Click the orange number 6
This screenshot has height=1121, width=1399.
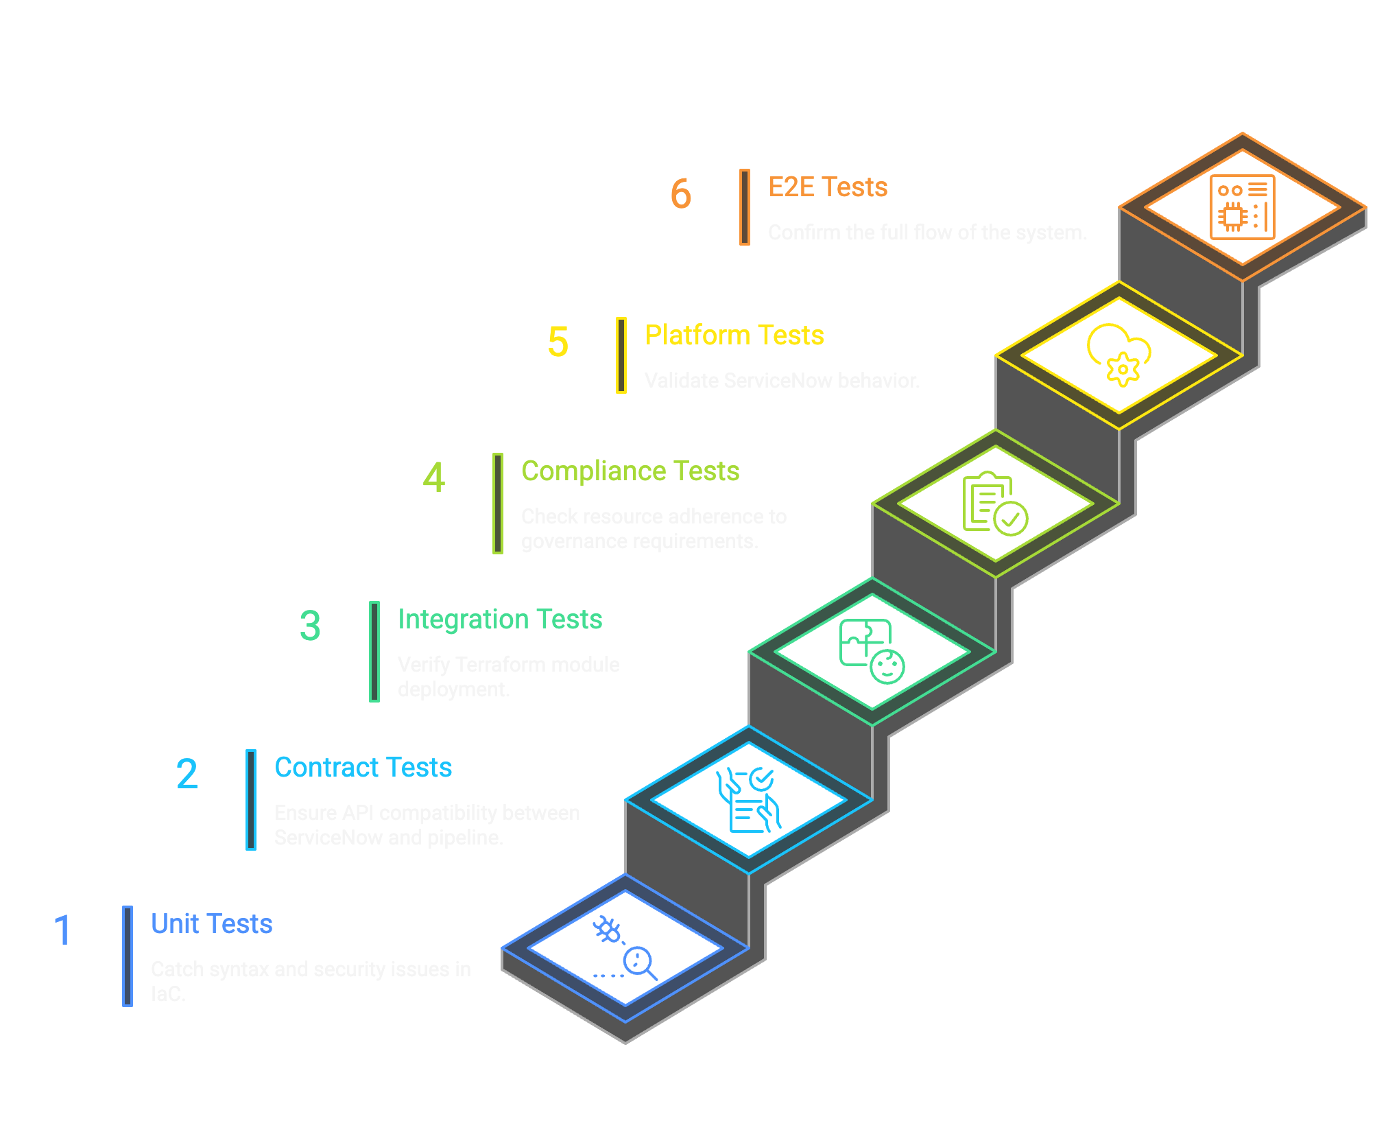(x=680, y=193)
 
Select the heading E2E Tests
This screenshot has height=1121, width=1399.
(x=827, y=187)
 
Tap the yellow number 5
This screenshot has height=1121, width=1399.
(x=558, y=342)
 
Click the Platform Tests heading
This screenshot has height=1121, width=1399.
(x=734, y=335)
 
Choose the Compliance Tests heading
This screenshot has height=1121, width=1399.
(x=630, y=471)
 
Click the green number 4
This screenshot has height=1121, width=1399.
(x=433, y=477)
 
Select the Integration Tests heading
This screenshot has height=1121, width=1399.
(x=499, y=619)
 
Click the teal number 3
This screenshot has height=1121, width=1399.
(x=310, y=626)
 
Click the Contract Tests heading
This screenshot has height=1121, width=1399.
(x=363, y=768)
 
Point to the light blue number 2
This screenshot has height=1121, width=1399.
(x=187, y=774)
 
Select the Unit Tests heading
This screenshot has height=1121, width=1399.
(x=211, y=924)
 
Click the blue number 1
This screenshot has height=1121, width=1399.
(x=62, y=930)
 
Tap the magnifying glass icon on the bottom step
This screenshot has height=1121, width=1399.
(x=639, y=962)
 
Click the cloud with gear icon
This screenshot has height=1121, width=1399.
(x=1119, y=355)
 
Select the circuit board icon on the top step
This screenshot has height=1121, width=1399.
(x=1242, y=207)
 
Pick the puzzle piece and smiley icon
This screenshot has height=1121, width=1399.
(x=872, y=652)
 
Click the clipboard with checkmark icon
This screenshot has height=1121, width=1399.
(x=994, y=504)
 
